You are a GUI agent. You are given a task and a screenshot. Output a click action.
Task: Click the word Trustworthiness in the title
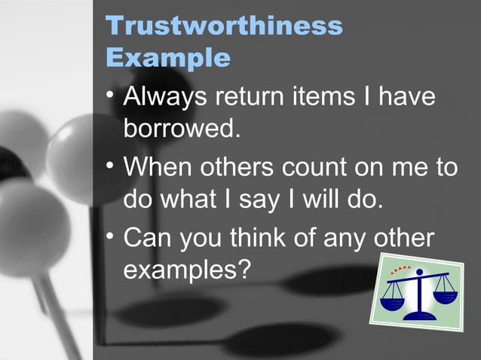click(x=225, y=26)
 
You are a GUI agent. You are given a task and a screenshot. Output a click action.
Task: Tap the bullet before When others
click(x=111, y=164)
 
